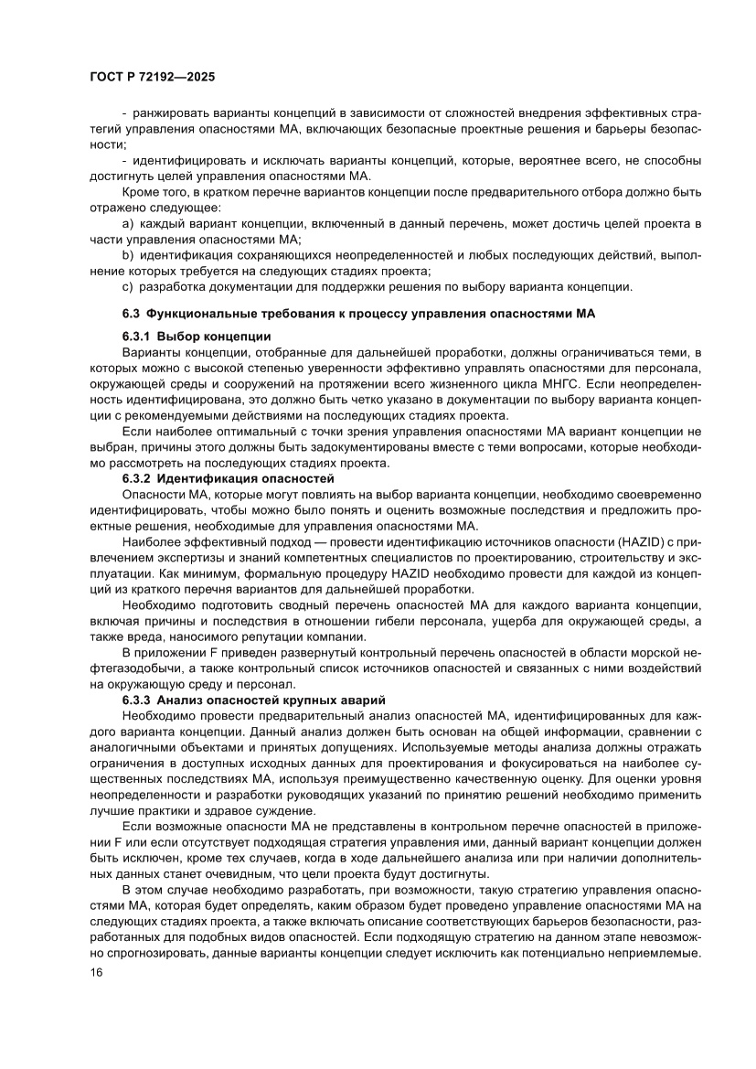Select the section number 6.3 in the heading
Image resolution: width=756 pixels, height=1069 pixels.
pos(133,313)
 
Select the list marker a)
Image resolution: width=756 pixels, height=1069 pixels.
pos(128,223)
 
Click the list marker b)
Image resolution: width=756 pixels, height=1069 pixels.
pos(128,255)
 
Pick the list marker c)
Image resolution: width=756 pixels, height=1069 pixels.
pos(128,287)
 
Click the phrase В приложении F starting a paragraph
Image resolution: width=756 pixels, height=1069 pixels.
pos(170,653)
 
